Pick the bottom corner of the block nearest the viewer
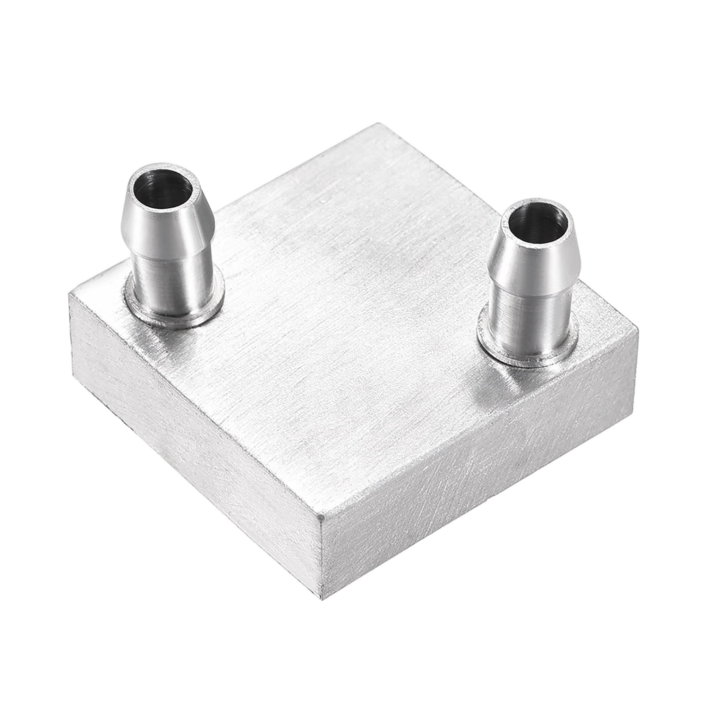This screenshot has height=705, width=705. point(322,600)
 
